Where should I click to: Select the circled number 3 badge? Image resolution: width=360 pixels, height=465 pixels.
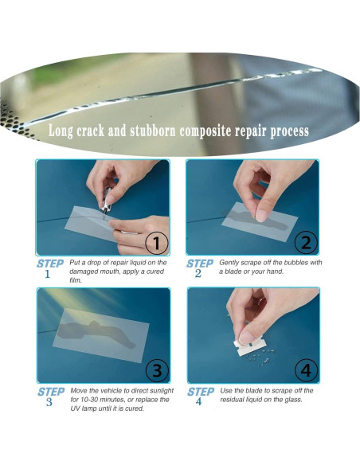pyautogui.click(x=156, y=370)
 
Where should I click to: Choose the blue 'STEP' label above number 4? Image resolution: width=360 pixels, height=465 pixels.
pyautogui.click(x=202, y=392)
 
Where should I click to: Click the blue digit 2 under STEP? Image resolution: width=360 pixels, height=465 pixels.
pyautogui.click(x=198, y=273)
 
